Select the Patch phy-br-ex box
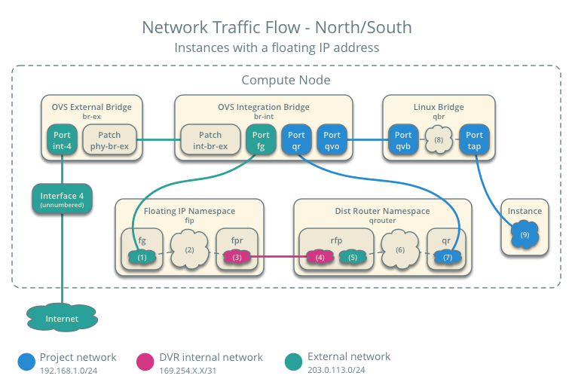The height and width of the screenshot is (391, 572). pos(110,140)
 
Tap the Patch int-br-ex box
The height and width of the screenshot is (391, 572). pos(210,140)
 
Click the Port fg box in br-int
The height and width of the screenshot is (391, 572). pos(262,140)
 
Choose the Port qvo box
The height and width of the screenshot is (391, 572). pos(332,140)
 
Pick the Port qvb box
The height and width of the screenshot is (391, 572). pos(400,140)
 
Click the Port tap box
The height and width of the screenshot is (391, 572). pos(474,140)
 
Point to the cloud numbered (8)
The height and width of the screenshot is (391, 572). pos(438,140)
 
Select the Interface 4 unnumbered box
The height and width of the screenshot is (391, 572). pos(61,200)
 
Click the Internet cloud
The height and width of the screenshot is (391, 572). pos(62,319)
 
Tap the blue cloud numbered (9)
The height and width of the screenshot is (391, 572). pos(525,235)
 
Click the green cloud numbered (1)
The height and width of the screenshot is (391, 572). pos(142,257)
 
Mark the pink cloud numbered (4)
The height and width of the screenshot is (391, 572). pos(320,257)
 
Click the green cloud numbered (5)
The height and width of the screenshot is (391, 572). pos(352,257)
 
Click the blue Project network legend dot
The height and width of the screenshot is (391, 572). pos(26,362)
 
